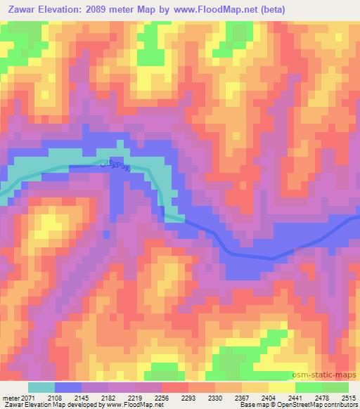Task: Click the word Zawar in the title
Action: (x=26, y=9)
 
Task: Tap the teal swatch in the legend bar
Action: (x=41, y=387)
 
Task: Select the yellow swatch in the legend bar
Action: (x=282, y=387)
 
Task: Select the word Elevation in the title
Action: (x=73, y=9)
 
